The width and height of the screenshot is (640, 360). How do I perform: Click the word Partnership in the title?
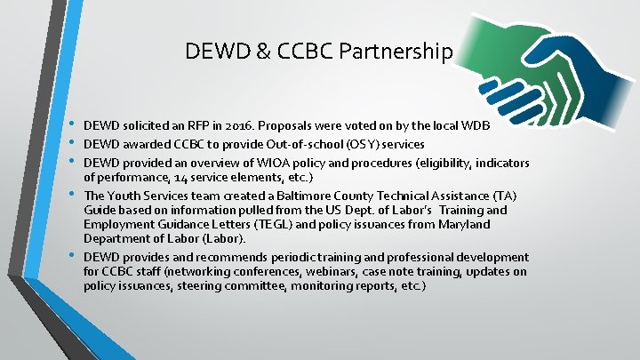click(398, 52)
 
